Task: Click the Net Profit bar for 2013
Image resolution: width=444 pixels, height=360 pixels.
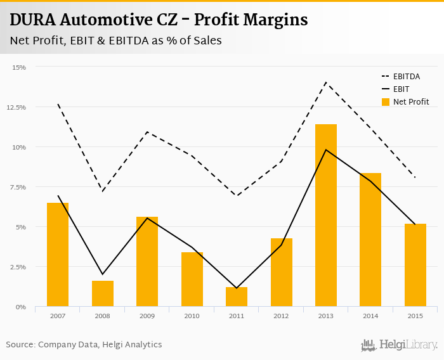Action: click(325, 215)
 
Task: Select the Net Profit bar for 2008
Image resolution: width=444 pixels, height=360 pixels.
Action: click(102, 293)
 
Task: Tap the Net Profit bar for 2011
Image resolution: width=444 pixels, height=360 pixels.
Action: click(236, 297)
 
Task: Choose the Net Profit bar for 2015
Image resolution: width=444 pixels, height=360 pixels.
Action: click(415, 265)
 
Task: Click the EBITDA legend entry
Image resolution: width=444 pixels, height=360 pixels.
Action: click(406, 76)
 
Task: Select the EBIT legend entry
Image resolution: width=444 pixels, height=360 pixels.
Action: click(402, 89)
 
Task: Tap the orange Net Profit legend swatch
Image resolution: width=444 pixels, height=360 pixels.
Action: click(385, 102)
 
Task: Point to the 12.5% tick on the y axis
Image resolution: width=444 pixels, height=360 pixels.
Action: click(16, 107)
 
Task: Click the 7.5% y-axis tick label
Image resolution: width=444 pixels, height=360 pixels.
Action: click(17, 187)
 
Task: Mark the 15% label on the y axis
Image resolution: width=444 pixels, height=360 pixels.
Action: click(18, 67)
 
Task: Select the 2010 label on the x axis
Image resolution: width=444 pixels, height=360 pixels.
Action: click(192, 316)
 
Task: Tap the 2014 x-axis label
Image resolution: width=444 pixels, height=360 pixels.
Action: click(370, 316)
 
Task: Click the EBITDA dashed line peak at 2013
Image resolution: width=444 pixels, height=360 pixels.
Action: click(325, 82)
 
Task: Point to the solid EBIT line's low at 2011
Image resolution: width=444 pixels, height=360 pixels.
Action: click(236, 288)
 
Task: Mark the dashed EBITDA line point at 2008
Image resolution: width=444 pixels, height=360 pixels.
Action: click(102, 191)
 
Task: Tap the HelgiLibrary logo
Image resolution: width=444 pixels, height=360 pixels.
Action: click(400, 345)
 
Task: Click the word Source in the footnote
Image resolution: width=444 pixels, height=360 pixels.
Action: click(20, 345)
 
